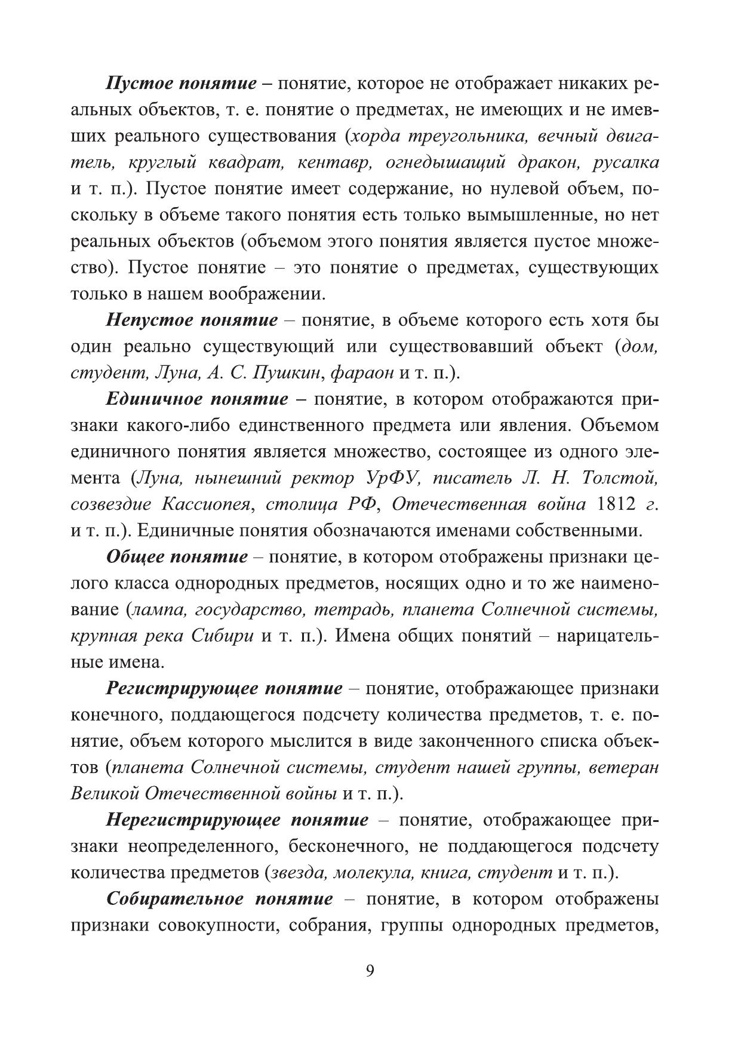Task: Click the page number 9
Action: coord(370,971)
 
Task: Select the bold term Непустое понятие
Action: coord(192,321)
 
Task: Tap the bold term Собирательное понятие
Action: coord(220,899)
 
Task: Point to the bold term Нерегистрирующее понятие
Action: coord(238,820)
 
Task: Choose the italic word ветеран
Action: coord(623,768)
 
